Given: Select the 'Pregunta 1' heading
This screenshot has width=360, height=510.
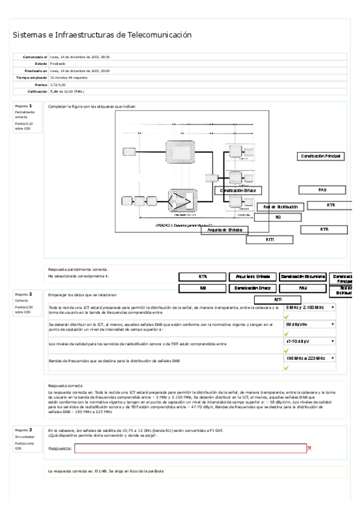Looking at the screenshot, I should point(23,106).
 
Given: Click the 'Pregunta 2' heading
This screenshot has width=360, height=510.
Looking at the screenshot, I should point(23,294).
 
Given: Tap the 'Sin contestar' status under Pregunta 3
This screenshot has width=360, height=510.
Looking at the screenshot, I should point(24,437).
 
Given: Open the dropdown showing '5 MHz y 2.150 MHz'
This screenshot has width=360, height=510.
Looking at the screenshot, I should point(310,307).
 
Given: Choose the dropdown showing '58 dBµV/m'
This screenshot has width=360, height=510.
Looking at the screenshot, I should point(310,324).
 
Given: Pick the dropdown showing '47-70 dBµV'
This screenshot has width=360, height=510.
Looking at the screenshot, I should point(310,341).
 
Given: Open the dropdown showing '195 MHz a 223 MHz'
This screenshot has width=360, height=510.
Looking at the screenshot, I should point(310,358).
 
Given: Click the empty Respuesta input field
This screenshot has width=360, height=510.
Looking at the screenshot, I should point(190,448).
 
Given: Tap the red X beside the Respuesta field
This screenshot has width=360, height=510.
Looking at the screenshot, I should point(310,448).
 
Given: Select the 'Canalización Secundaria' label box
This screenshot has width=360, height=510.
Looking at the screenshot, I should point(302,277).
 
